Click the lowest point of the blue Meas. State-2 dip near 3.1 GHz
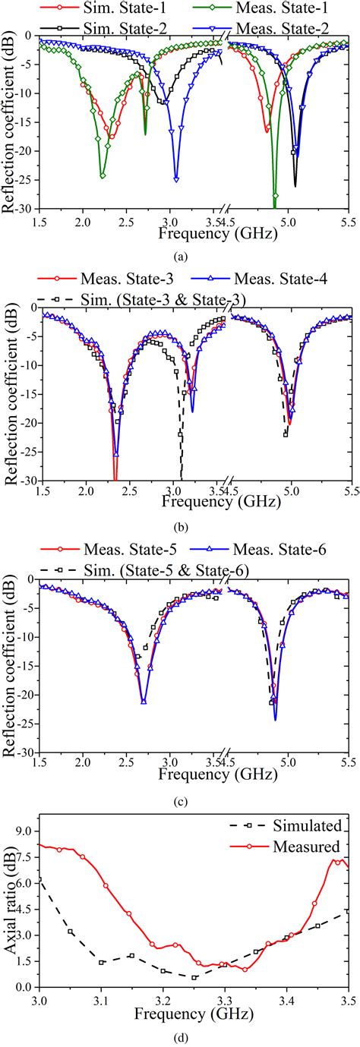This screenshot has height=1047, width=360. (x=176, y=180)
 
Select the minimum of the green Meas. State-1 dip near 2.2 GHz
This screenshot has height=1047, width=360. (x=103, y=176)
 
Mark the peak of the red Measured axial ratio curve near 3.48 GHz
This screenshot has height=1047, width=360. (x=337, y=840)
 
